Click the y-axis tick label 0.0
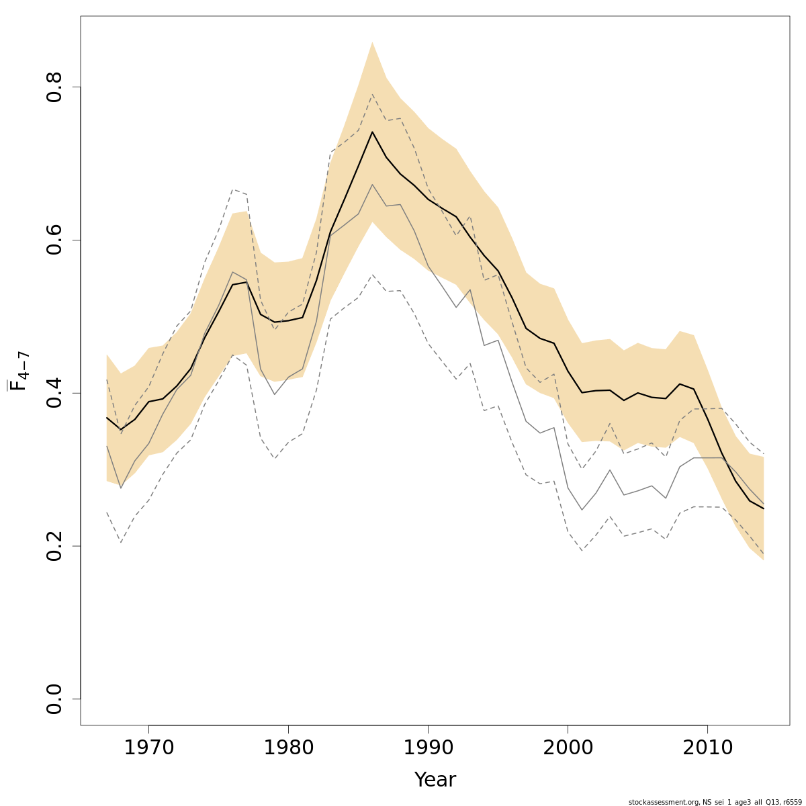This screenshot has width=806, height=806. (54, 699)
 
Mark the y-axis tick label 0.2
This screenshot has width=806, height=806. (54, 545)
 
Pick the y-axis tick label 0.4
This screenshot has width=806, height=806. (54, 393)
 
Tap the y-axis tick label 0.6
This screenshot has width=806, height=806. (54, 240)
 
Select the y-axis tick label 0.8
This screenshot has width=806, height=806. (54, 87)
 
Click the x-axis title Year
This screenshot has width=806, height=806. (435, 780)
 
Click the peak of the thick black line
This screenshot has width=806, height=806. (372, 132)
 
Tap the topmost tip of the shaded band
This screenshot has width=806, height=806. (372, 42)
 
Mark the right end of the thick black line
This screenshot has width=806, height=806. (764, 508)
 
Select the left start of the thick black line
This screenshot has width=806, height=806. (107, 417)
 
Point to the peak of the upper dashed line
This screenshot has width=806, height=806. (372, 94)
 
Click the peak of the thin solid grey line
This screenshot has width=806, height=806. (372, 184)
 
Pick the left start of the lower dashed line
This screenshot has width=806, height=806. (107, 512)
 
